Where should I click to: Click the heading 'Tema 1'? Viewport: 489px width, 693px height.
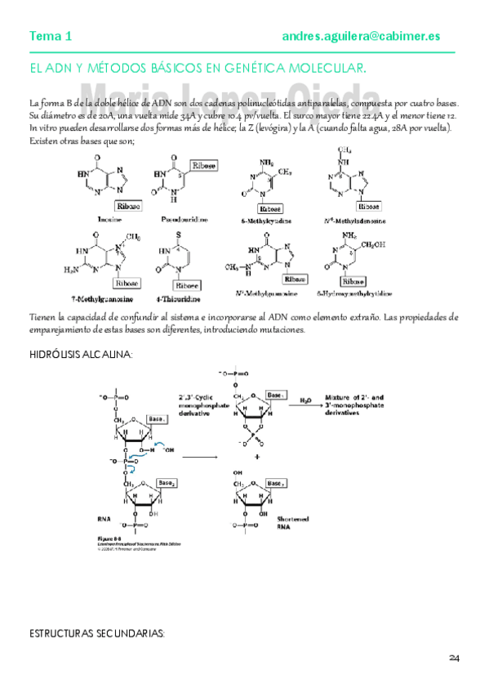(x=51, y=36)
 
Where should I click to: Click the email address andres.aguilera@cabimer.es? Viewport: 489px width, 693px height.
(x=361, y=36)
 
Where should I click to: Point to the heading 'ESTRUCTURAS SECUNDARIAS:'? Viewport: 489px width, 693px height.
(x=97, y=633)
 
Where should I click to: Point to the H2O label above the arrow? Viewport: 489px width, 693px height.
(x=305, y=401)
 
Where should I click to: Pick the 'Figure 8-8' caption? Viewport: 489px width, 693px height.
(x=111, y=539)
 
